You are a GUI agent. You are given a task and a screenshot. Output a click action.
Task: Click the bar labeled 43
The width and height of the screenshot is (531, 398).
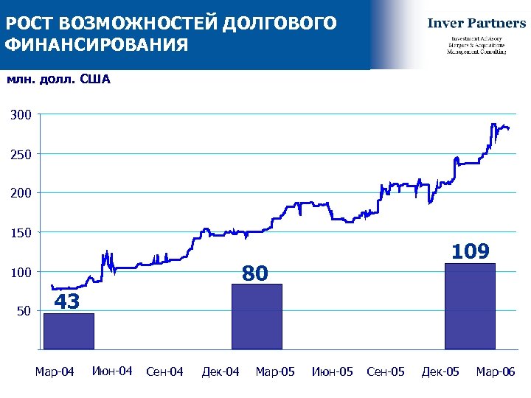69,331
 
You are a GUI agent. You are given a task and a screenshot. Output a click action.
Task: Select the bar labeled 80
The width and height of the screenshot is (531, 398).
257,316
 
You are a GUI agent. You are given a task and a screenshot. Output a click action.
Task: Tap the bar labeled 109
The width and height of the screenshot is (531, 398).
470,306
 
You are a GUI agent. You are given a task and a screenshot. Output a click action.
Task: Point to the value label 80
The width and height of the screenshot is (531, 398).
255,273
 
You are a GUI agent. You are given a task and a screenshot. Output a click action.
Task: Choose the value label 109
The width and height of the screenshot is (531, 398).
471,251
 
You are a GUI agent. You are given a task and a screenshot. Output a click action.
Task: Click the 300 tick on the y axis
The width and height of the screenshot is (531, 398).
21,115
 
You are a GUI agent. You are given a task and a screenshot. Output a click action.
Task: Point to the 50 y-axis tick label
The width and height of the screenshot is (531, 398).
24,311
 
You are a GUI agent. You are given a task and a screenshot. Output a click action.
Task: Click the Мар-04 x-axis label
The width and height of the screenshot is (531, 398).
55,371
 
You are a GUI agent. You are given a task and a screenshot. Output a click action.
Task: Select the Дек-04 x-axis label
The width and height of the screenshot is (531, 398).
221,371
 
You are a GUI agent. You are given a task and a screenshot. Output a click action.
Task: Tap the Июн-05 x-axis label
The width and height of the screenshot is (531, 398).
333,371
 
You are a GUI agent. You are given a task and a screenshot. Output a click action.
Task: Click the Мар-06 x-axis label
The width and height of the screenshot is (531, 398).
496,371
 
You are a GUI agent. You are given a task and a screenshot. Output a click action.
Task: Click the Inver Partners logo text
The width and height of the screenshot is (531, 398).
476,23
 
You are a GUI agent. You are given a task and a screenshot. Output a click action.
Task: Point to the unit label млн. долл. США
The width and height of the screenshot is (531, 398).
58,80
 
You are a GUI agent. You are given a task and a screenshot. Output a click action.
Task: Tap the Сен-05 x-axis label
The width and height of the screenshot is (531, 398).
386,371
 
